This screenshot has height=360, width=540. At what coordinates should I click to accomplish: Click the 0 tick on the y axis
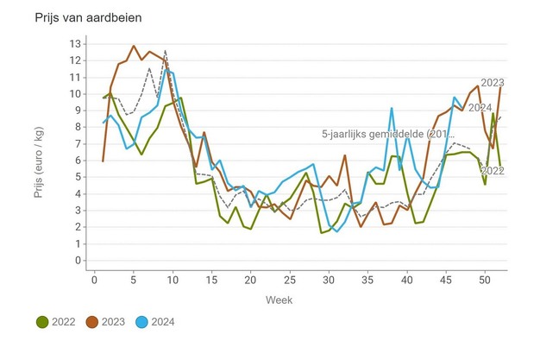tap(78, 261)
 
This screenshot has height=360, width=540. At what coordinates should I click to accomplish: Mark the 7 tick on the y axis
tap(78, 143)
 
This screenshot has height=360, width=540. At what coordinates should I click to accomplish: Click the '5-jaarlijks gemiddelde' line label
tap(380, 134)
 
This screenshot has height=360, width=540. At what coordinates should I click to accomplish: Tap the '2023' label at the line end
tap(493, 83)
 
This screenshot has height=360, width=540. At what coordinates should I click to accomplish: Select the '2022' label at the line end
tap(492, 171)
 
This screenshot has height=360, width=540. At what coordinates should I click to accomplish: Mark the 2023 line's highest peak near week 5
tap(133, 46)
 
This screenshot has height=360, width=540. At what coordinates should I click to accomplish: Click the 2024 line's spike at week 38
tap(391, 108)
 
